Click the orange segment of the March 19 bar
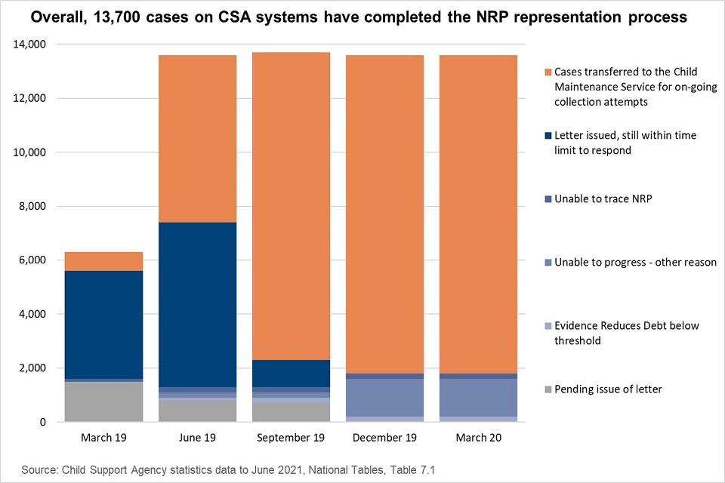pyautogui.click(x=103, y=261)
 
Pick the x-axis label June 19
pyautogui.click(x=197, y=438)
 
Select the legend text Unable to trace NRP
pyautogui.click(x=603, y=199)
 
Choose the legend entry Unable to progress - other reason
pyautogui.click(x=634, y=263)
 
